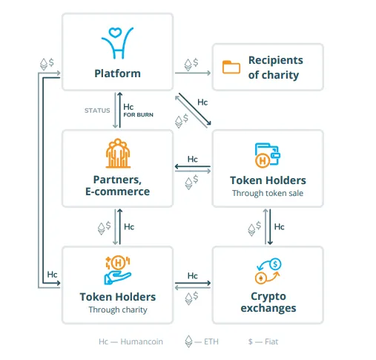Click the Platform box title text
point(117,73)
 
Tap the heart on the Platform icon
point(115,33)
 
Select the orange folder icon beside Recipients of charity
point(231,67)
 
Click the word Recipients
point(275,60)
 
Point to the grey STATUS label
point(97,111)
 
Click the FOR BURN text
point(139,115)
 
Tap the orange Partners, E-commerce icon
point(118,153)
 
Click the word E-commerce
point(117,192)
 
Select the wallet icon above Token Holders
point(268,155)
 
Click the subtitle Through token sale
point(268,193)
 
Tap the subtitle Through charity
point(118,310)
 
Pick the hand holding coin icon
point(118,270)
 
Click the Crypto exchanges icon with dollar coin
point(268,271)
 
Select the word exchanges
point(268,308)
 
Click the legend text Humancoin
point(142,341)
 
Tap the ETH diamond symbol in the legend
point(188,341)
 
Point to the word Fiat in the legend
point(271,341)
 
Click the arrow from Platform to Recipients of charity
point(193,73)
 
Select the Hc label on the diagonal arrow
point(202,102)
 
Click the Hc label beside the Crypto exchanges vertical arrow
point(280,226)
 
